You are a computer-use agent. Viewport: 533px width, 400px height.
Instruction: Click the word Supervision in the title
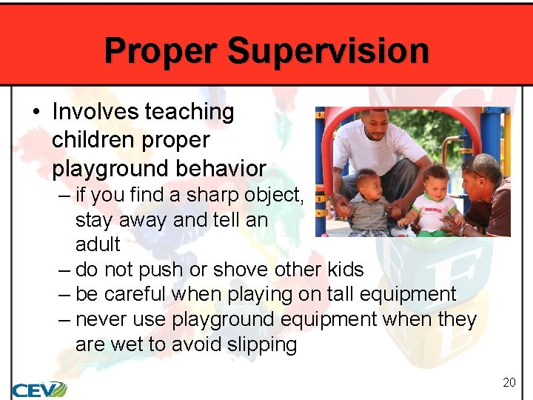328,51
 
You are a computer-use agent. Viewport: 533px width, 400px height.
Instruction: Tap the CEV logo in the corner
38,390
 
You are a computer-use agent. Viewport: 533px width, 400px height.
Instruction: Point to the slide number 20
509,382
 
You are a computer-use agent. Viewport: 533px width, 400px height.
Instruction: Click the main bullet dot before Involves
36,113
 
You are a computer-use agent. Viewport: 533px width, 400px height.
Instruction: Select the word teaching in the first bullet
189,112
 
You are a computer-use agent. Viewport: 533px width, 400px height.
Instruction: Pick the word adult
98,244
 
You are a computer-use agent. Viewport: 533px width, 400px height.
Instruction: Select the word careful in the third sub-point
136,294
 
